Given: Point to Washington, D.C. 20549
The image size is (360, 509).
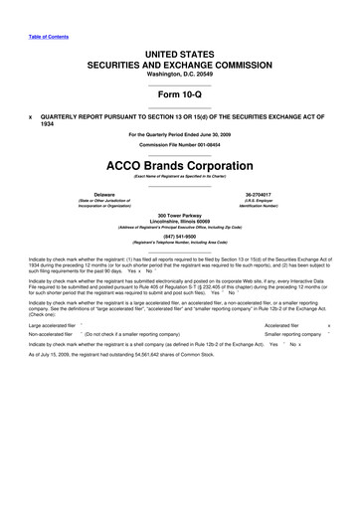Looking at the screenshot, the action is click(x=180, y=73).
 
